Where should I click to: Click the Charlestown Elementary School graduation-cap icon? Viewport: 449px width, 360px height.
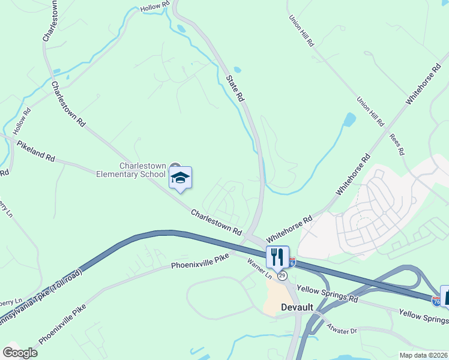[180, 178]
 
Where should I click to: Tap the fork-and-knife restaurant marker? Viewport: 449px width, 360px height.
[277, 256]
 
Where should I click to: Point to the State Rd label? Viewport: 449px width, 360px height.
[235, 88]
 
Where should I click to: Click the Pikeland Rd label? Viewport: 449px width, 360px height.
[36, 151]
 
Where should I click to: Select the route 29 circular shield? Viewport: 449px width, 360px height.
[282, 275]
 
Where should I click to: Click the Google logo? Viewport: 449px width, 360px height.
[20, 352]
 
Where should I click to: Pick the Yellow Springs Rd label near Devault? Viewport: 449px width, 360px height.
[327, 294]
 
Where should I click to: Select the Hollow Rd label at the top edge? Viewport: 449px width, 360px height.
[155, 8]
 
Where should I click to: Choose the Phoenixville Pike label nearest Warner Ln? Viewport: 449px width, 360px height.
[200, 262]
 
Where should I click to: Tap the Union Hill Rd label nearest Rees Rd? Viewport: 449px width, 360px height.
[370, 112]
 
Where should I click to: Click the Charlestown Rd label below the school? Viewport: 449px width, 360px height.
[216, 221]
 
